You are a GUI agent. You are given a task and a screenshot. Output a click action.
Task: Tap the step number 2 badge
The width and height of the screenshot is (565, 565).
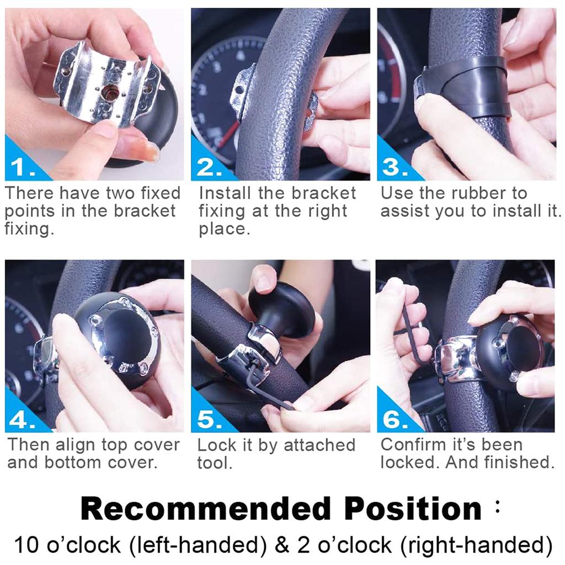tap(208, 166)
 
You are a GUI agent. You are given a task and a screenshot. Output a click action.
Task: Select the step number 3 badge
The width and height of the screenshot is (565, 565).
tap(392, 166)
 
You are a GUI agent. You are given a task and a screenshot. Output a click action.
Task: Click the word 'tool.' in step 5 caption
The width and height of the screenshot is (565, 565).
tap(215, 463)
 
